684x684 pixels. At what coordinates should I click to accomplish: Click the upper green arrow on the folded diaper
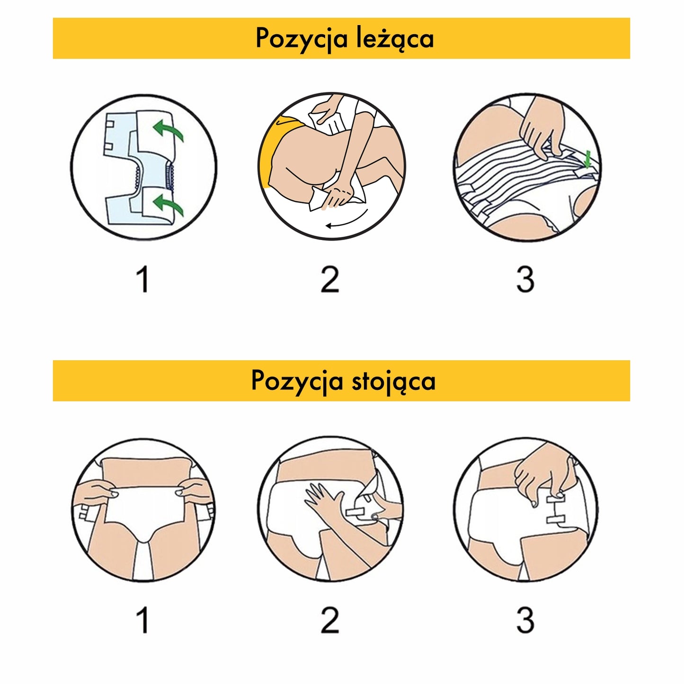point(168,130)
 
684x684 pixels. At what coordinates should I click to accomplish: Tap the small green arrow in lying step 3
point(587,158)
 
